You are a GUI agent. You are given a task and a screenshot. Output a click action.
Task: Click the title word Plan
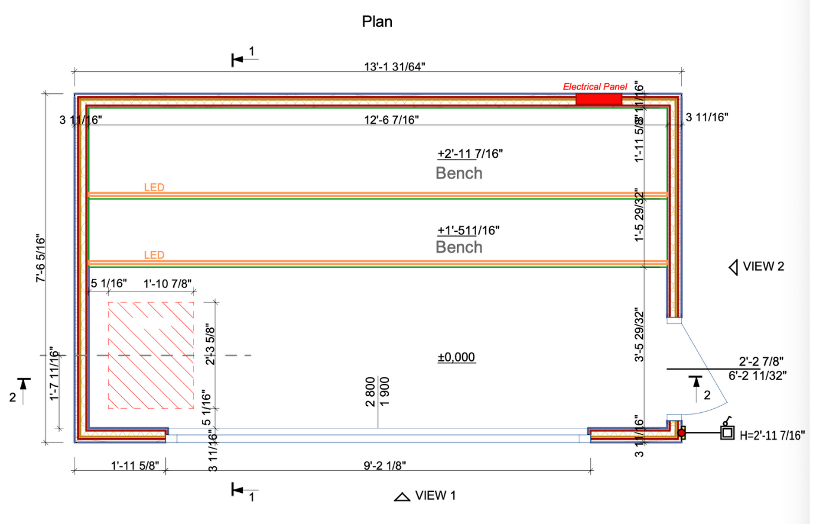point(377,22)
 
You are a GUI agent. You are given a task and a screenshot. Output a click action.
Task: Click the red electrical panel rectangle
point(599,99)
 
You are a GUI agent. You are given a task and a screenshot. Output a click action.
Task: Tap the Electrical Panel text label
point(595,87)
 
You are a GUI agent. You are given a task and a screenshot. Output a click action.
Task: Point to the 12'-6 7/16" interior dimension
point(392,120)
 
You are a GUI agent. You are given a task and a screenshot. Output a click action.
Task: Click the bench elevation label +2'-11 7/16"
point(470,154)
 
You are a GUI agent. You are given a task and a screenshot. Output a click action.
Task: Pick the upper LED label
point(154,187)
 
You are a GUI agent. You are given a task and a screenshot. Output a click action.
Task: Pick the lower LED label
point(154,255)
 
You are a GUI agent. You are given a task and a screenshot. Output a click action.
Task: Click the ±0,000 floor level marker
point(456,357)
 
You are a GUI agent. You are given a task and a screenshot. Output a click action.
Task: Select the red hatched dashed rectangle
point(151,355)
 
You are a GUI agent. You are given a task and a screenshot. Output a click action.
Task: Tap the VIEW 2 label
point(763,266)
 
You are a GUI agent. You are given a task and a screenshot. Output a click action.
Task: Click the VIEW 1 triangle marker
point(402,497)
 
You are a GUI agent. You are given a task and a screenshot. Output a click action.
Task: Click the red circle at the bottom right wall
point(681,432)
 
